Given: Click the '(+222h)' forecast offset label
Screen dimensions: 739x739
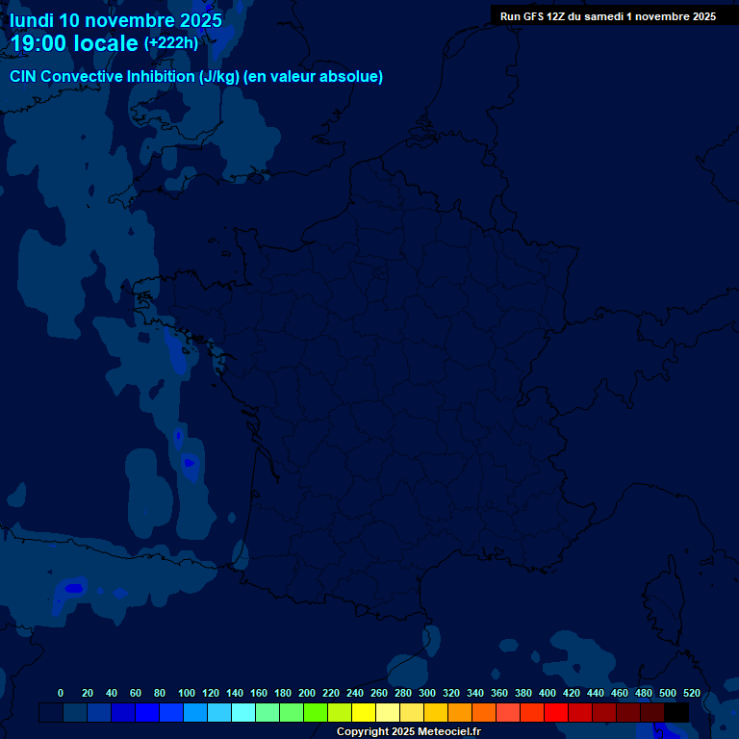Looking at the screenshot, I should pos(170,42).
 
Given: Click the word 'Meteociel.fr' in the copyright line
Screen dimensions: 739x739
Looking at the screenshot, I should pos(450,732).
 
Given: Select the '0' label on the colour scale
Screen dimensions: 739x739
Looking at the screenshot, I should pos(61,693).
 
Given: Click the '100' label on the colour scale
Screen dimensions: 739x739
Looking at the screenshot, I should pos(186,693).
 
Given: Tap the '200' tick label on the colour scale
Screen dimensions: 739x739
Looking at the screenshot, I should pos(307,693).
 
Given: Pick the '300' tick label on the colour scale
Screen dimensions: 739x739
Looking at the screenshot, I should pos(427,693).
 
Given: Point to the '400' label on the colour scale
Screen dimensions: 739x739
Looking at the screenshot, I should pos(548,693).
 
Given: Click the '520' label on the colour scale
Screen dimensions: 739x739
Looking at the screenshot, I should pos(691,693).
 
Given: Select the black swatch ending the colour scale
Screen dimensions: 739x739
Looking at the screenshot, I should pos(676,712).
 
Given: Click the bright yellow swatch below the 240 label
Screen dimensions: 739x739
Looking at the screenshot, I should pos(364,712).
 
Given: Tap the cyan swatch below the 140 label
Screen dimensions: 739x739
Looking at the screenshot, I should pos(243,712).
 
